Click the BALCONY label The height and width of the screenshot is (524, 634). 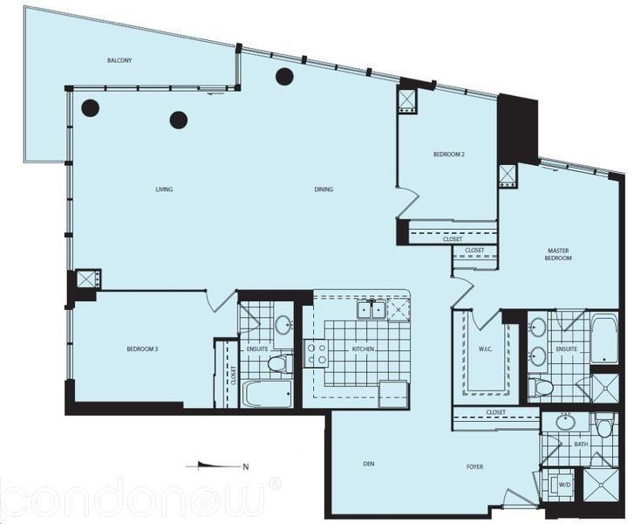[119, 61]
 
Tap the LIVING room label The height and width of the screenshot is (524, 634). [164, 190]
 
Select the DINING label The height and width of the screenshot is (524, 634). [324, 190]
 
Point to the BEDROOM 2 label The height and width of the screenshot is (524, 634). [449, 155]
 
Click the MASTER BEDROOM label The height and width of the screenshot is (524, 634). [558, 254]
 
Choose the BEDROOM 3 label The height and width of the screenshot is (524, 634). [142, 349]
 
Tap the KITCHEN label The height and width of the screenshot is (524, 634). [363, 349]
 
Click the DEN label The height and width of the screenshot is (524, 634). [369, 464]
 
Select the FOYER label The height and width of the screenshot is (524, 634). [474, 467]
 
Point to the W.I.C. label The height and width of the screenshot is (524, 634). [485, 349]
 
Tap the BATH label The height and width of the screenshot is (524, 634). [581, 445]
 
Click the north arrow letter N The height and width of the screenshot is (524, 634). [245, 467]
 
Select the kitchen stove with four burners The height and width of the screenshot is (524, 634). [317, 354]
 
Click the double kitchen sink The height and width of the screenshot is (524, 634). [371, 311]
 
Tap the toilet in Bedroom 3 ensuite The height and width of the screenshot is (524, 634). [280, 363]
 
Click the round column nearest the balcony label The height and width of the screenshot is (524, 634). [90, 107]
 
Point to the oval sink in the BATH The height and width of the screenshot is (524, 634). [567, 423]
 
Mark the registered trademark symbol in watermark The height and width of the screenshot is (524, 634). [275, 484]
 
